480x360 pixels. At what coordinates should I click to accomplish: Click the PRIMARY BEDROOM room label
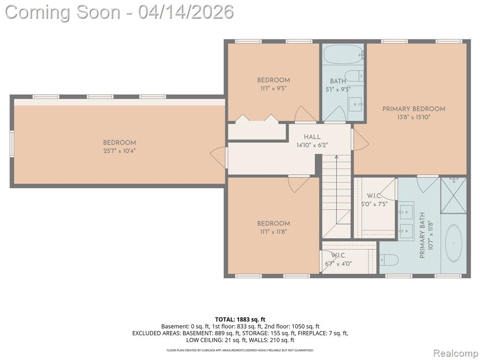[x=413, y=109]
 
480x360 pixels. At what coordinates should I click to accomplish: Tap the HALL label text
[x=312, y=137]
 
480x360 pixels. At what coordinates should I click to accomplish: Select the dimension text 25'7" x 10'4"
[x=120, y=151]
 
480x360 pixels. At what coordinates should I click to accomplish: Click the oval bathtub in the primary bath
[x=453, y=243]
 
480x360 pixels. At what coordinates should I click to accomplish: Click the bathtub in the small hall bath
[x=343, y=54]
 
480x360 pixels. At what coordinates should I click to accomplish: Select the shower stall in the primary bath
[x=453, y=195]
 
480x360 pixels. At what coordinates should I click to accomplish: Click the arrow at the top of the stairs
[x=337, y=157]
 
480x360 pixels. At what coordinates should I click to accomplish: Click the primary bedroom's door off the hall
[x=360, y=140]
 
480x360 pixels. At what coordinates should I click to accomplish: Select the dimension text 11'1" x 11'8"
[x=273, y=232]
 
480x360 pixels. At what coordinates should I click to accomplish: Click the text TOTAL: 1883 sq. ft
[x=240, y=320]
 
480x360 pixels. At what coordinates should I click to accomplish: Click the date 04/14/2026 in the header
[x=186, y=12]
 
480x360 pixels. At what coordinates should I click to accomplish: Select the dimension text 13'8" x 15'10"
[x=413, y=117]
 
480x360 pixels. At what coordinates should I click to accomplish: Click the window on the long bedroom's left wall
[x=12, y=144]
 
